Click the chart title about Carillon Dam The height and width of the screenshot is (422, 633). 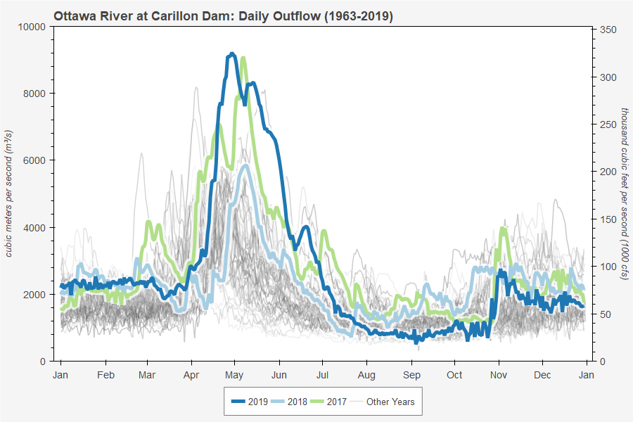(x=223, y=15)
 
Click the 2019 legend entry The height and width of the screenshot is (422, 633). (x=250, y=402)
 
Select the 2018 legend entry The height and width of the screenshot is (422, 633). (x=295, y=402)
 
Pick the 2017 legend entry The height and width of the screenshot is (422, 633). (x=341, y=402)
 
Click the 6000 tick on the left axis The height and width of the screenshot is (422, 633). (x=34, y=160)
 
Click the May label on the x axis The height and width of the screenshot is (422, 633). (x=235, y=375)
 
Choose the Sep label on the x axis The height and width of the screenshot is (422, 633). (x=411, y=375)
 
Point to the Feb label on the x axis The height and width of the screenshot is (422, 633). (x=105, y=375)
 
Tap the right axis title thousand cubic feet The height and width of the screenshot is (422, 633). (x=623, y=193)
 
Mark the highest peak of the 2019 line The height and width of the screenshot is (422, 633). (x=232, y=53)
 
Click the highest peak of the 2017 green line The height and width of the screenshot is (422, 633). (x=243, y=58)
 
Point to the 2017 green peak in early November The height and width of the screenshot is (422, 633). (x=502, y=228)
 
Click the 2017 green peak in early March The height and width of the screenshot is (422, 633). (x=148, y=222)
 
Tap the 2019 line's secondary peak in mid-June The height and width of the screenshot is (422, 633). (x=305, y=227)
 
